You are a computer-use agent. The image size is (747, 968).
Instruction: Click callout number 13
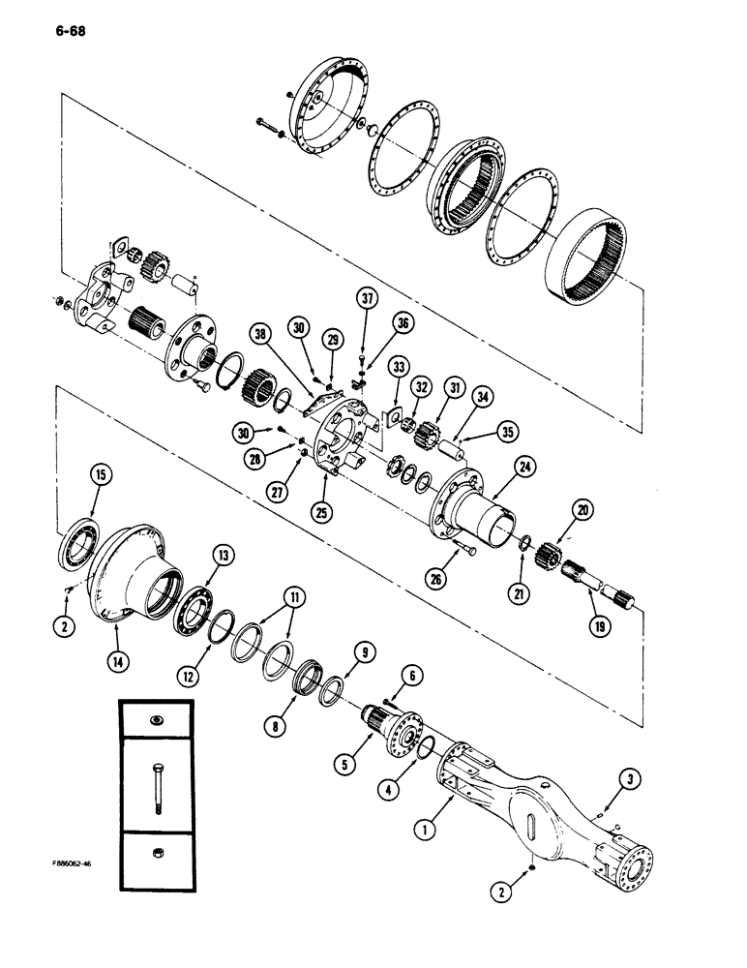224,555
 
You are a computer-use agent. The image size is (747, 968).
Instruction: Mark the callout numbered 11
286,593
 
